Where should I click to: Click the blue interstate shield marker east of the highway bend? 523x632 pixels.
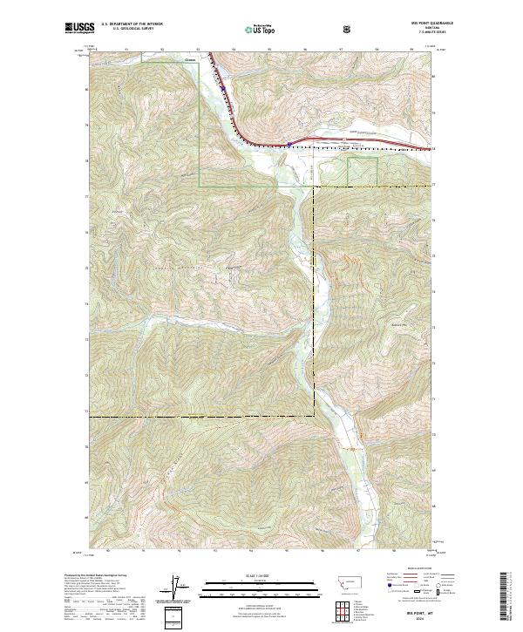pos(289,144)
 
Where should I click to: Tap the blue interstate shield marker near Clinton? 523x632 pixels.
pos(222,87)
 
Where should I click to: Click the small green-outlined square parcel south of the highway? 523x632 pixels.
pos(363,171)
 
